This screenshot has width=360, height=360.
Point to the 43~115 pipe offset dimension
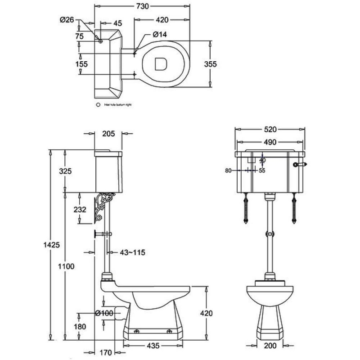(x=132, y=252)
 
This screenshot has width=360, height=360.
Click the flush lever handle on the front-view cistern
(x=299, y=165)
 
